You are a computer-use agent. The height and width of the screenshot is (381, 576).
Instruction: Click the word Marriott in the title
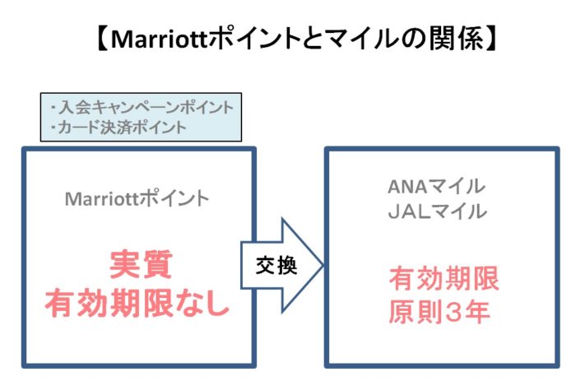[x=160, y=39]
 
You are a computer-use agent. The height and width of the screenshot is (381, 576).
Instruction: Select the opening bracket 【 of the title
[x=102, y=39]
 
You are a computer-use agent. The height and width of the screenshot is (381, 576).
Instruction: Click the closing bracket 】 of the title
[x=491, y=39]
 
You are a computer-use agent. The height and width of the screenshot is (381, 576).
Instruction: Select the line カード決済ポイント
[x=123, y=127]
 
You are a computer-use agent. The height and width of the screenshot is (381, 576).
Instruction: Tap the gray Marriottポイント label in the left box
[x=137, y=199]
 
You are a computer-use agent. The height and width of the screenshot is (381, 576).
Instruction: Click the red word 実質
[x=141, y=264]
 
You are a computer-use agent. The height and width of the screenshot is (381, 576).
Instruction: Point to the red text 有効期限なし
[x=137, y=303]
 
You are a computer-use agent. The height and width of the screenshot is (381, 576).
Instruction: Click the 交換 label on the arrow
[x=276, y=265]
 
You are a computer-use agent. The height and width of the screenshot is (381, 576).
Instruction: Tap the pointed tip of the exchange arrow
[x=323, y=265]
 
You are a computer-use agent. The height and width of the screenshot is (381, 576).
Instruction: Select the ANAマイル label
[x=437, y=186]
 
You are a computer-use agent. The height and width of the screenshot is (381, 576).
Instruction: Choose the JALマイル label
[x=438, y=211]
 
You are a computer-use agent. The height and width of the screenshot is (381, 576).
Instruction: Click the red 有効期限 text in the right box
[x=444, y=279]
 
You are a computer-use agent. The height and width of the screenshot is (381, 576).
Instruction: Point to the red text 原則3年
[x=439, y=312]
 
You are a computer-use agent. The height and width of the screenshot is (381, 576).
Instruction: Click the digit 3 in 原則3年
[x=452, y=313]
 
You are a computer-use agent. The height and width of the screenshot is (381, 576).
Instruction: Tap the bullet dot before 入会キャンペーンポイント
[x=53, y=107]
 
